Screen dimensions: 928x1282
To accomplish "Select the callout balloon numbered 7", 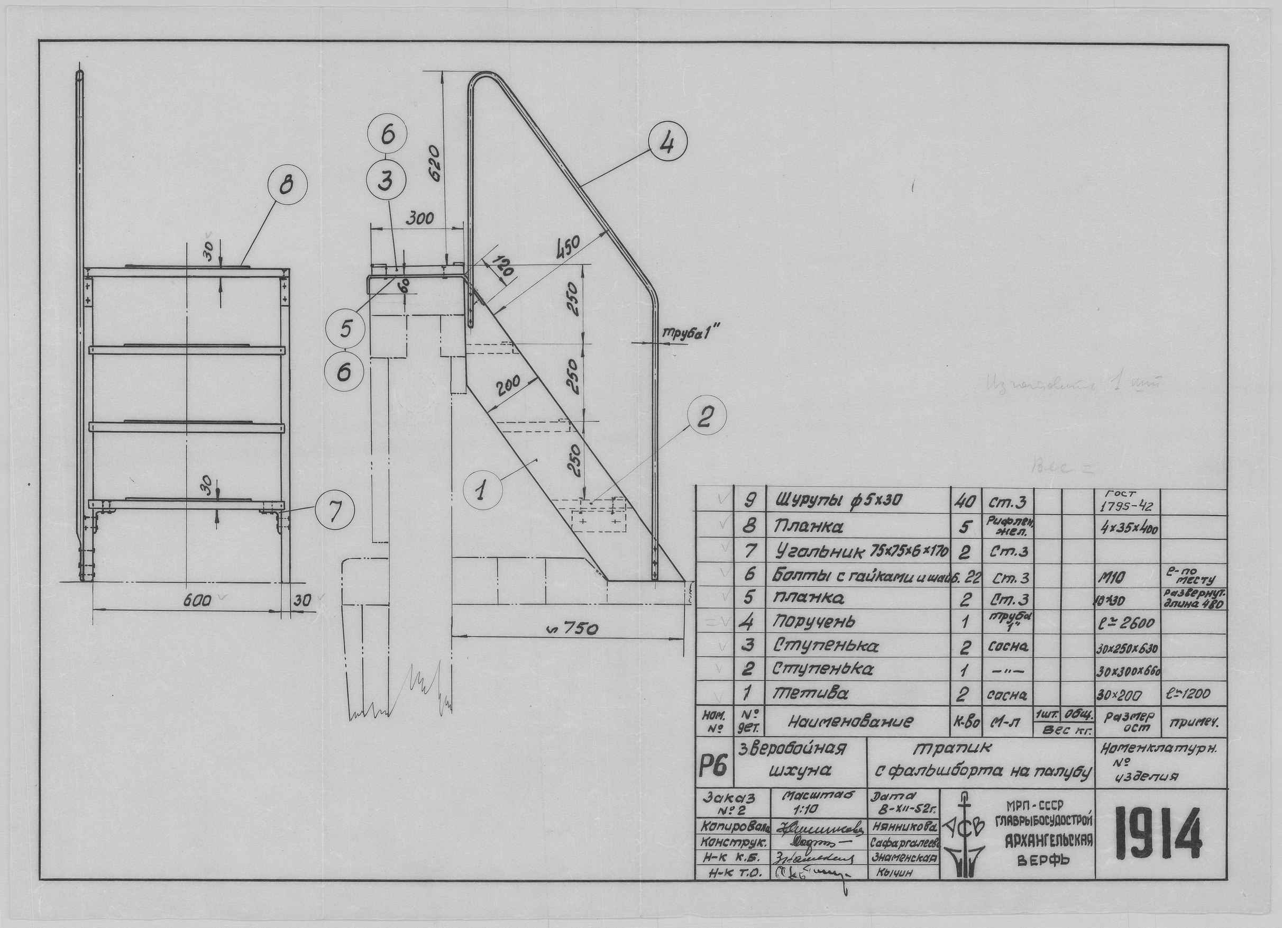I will [335, 512].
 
